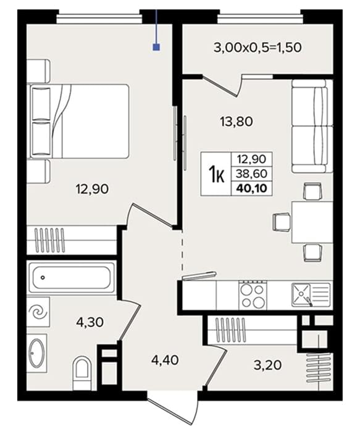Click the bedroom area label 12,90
[x=92, y=189]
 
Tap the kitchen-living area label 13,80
[x=237, y=121]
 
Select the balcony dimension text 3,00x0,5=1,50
[x=257, y=48]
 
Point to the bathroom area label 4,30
[x=90, y=322]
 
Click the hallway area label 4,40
[x=165, y=360]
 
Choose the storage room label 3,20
[x=267, y=365]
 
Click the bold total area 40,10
[x=252, y=188]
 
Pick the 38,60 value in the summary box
[x=252, y=173]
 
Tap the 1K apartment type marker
[x=217, y=175]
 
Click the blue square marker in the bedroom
[x=156, y=48]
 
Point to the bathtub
[x=71, y=278]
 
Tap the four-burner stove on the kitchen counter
[x=253, y=295]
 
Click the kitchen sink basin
[x=301, y=295]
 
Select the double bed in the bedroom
[x=80, y=121]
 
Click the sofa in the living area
[x=312, y=126]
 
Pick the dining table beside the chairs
[x=312, y=222]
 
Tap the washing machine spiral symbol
[x=38, y=312]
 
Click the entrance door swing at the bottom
[x=174, y=412]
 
